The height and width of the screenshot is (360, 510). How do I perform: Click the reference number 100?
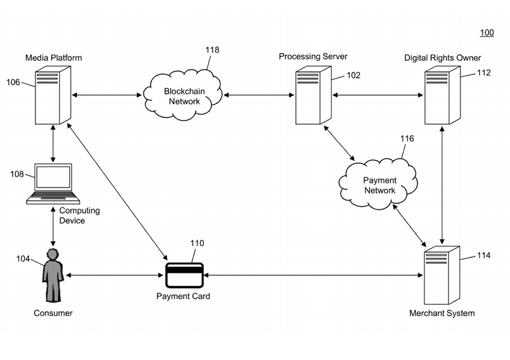(486, 33)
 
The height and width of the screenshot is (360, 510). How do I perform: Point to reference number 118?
(212, 50)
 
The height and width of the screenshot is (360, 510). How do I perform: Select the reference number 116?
(407, 139)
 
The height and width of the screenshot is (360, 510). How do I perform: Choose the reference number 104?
(23, 258)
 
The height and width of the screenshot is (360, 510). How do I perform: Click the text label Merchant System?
(441, 313)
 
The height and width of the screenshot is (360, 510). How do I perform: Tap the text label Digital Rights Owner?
(442, 58)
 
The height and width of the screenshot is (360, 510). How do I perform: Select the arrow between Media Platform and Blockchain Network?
(107, 95)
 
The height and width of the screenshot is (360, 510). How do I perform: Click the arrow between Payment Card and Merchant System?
(313, 275)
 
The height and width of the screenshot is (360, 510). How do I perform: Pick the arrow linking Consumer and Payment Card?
(115, 275)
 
